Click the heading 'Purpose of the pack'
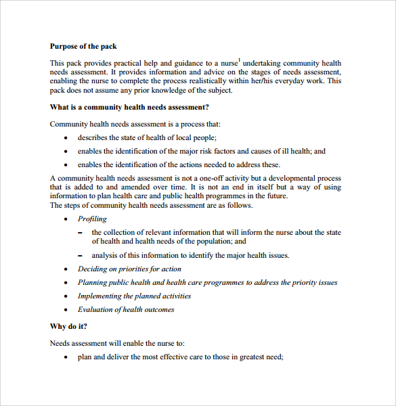click(83, 47)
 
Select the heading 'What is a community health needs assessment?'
click(129, 107)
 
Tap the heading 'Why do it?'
click(68, 326)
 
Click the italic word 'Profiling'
click(92, 219)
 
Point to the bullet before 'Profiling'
click(66, 219)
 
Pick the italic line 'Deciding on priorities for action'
click(129, 269)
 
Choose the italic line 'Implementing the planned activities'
click(134, 296)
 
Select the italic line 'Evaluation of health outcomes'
click(126, 309)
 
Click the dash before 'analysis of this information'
click(80, 256)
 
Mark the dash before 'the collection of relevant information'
click(80, 233)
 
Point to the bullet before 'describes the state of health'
click(66, 137)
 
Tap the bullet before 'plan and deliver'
click(66, 357)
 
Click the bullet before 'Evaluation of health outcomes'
click(66, 310)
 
